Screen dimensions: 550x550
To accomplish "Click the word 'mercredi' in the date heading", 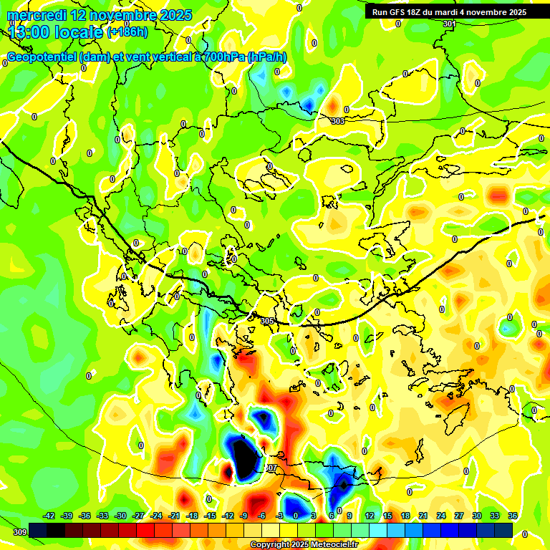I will point(33,15).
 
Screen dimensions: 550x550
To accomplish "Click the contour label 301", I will point(449,24).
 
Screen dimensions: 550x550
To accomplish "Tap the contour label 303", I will point(338,121).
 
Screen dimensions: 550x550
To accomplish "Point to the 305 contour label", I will point(268,321).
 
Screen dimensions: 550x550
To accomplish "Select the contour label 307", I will point(271,468).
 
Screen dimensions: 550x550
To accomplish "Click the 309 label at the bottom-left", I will point(19,532).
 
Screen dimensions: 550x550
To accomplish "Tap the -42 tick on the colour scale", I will point(49,516).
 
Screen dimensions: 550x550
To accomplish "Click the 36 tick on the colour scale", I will point(513,516).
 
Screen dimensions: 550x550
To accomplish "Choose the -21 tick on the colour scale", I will point(174,516).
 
